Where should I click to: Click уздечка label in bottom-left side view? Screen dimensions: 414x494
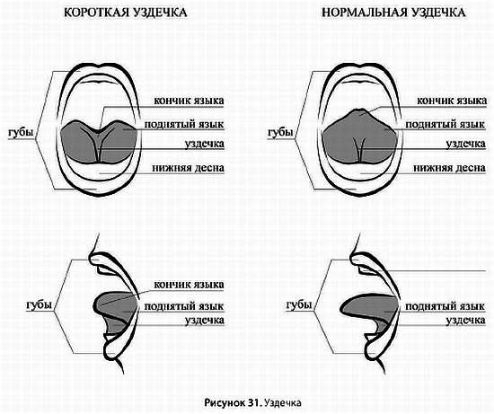pyautogui.click(x=203, y=320)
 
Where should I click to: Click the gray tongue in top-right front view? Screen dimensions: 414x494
pyautogui.click(x=341, y=139)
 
